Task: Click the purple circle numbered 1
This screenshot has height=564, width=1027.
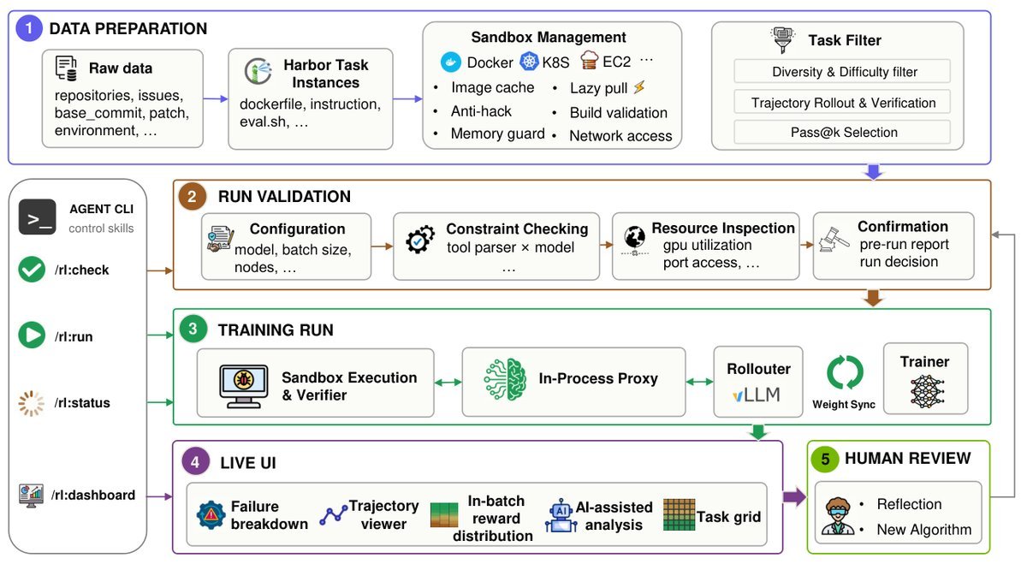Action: [29, 28]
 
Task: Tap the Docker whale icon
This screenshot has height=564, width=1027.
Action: [451, 62]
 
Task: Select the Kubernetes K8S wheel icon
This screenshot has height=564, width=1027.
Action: [529, 62]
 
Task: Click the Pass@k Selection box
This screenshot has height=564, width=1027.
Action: [842, 132]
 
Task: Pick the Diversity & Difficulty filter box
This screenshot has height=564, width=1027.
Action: [842, 72]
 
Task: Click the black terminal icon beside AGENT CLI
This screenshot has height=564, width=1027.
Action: [38, 217]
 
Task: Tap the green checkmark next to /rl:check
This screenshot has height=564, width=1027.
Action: [32, 270]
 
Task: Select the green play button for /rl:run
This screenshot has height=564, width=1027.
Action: [32, 335]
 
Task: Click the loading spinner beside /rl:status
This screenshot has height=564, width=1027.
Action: [31, 403]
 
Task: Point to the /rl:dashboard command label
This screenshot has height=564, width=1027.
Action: [93, 496]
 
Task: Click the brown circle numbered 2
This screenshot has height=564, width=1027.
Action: [192, 197]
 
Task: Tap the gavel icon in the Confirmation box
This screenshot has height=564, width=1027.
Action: [834, 240]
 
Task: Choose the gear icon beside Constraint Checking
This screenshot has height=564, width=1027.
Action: [419, 240]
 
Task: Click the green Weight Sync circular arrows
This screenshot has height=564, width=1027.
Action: [845, 372]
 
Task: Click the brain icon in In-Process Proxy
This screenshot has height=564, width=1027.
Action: [505, 380]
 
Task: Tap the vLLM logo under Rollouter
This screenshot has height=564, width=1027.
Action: [756, 395]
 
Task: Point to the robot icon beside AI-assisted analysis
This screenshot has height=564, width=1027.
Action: [561, 515]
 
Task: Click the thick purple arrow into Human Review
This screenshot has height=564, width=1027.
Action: [794, 496]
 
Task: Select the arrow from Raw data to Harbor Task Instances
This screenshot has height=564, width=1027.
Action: [216, 98]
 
